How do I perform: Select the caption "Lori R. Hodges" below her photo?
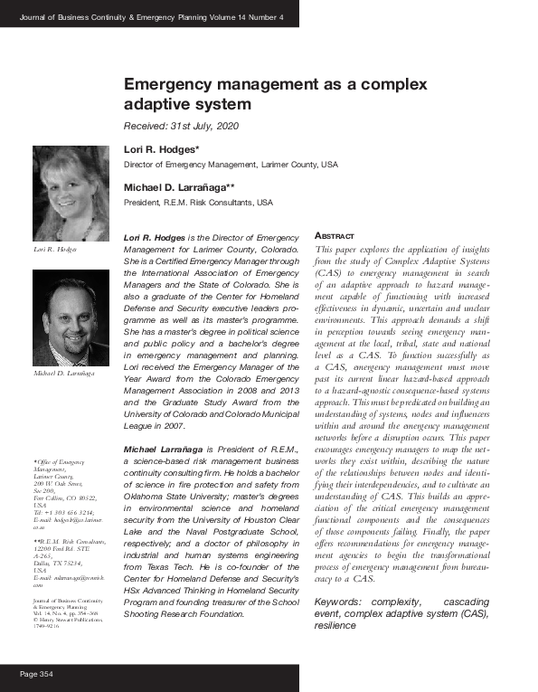[55, 249]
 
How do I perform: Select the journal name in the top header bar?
[151, 15]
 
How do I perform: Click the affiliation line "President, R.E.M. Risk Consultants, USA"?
[198, 203]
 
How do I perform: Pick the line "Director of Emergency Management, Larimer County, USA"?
[231, 165]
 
